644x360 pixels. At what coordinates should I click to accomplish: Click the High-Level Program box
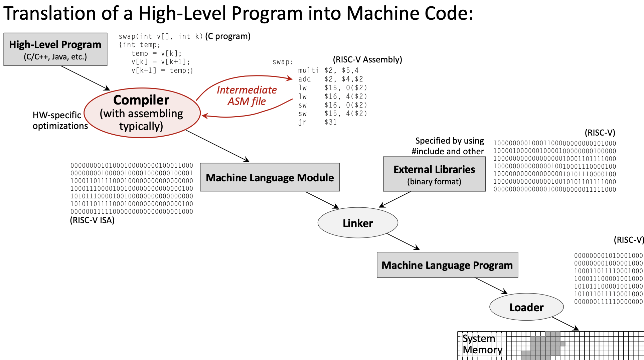pos(55,49)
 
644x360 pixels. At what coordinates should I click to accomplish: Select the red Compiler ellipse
pos(142,113)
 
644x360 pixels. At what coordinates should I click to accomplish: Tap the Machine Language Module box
pos(270,177)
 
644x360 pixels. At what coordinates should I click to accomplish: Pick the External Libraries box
pos(434,174)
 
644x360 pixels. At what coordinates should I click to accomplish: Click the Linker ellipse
pos(358,223)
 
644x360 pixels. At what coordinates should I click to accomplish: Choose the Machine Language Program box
pos(447,265)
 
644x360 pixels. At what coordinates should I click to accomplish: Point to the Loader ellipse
pos(526,307)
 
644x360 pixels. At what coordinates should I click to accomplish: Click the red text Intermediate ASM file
pos(247,96)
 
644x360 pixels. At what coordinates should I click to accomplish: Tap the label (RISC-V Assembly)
pos(367,59)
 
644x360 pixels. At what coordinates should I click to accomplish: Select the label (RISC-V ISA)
pos(92,220)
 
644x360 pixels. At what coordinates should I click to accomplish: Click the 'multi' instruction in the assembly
pos(308,70)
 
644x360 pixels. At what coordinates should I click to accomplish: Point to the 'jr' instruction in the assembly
pos(302,122)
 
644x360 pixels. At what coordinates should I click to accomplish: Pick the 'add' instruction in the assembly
pos(305,79)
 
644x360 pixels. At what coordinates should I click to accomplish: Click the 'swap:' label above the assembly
pos(283,62)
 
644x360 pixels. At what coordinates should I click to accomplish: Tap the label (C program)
pos(228,36)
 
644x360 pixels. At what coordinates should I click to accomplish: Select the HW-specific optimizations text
pos(60,121)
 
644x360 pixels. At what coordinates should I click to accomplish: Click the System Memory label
pos(482,344)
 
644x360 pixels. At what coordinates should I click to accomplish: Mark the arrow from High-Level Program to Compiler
pos(85,78)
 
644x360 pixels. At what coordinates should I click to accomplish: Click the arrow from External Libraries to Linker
pos(395,200)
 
